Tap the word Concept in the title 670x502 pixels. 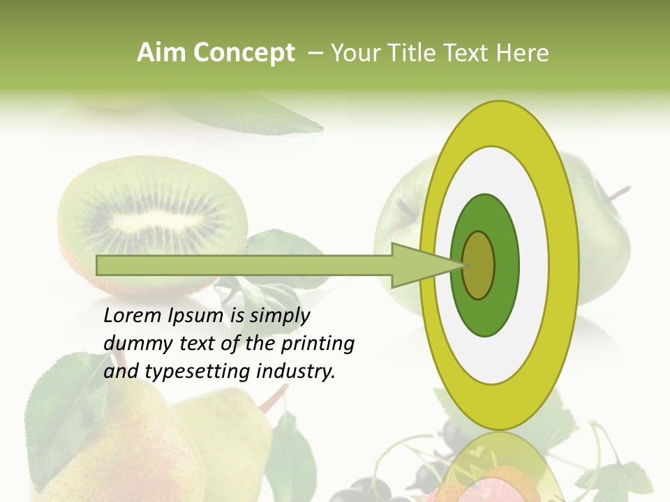(244, 53)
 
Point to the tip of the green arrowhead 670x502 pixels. (466, 265)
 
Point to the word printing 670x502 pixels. (318, 344)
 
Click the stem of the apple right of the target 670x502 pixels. (617, 194)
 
